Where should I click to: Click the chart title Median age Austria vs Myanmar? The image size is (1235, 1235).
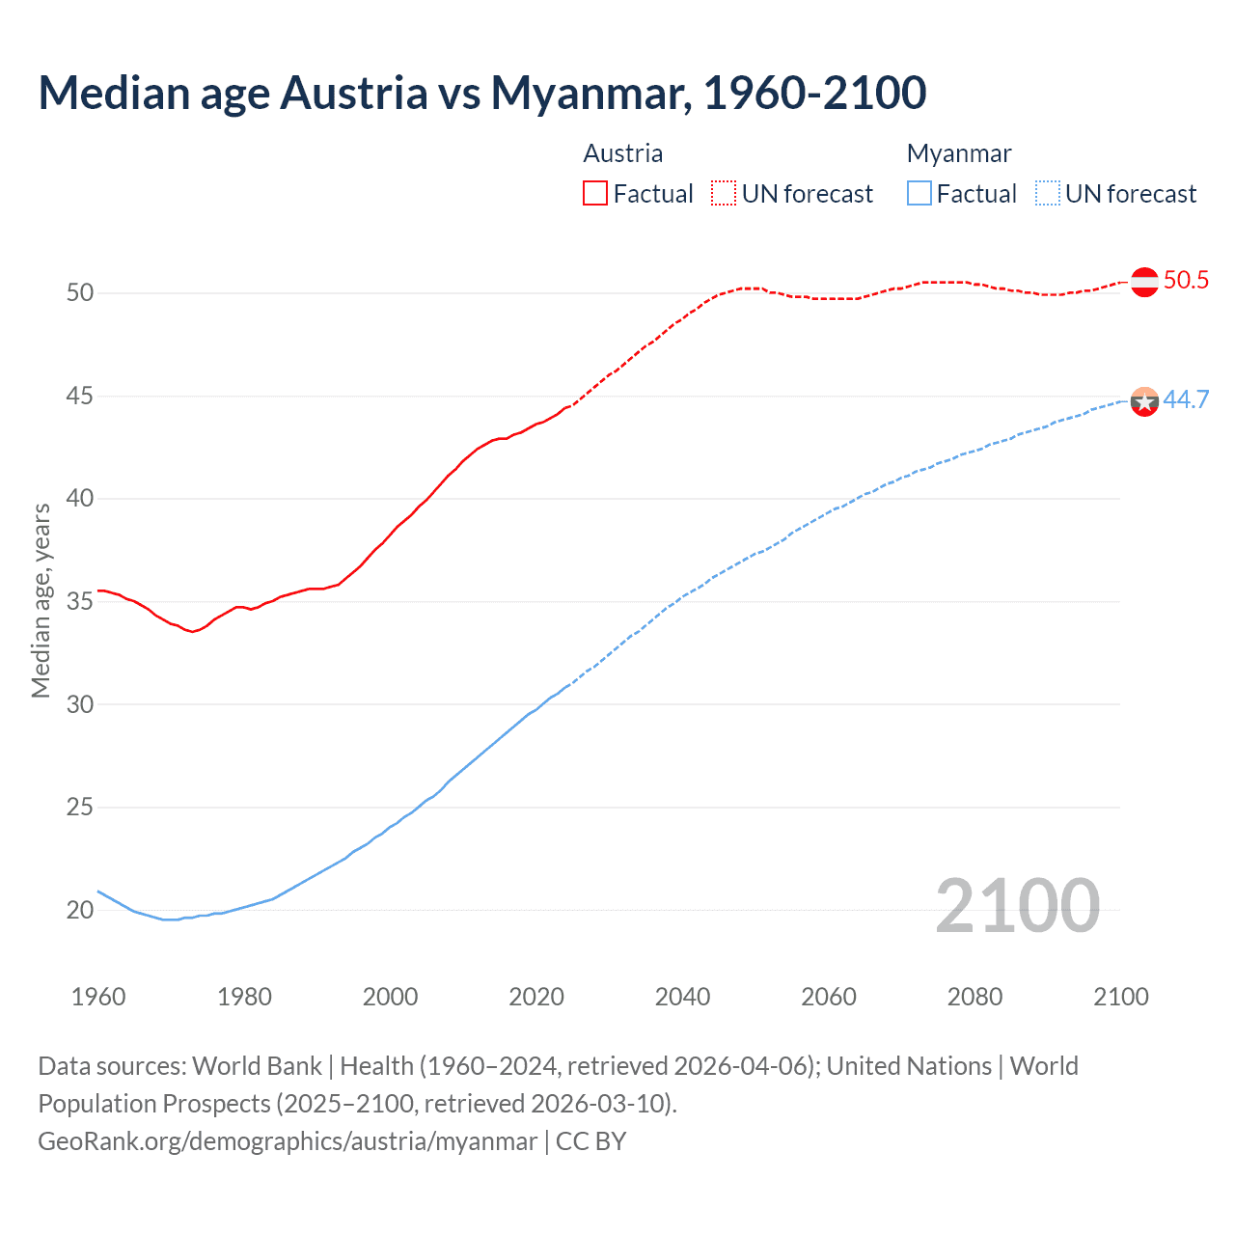pos(481,93)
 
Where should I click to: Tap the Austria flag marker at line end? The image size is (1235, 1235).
pos(1144,282)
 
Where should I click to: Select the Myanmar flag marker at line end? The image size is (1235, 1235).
pos(1144,401)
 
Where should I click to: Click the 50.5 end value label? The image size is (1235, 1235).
pos(1186,281)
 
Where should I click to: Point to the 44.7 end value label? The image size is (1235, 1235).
pos(1186,400)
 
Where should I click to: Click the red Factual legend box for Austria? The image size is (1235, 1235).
pos(595,194)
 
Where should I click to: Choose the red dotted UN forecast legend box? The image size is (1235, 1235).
pos(724,194)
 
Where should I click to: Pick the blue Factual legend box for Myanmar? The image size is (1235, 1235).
pos(919,194)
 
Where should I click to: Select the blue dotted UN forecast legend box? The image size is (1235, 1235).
pos(1048,194)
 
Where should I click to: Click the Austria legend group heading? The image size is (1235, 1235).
pos(622,153)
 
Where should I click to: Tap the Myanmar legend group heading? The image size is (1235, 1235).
pos(958,153)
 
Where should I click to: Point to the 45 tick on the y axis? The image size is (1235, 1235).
pos(80,396)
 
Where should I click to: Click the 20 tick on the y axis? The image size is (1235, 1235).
pos(80,910)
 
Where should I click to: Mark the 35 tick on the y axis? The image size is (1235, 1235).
pos(80,601)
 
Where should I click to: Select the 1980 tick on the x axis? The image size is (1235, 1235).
pos(244,997)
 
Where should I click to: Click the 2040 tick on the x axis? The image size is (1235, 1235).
pos(682,997)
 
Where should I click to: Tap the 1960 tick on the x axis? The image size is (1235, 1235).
pos(98,997)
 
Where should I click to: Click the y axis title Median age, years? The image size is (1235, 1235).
pos(41,600)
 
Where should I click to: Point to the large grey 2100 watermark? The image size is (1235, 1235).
pos(1017,906)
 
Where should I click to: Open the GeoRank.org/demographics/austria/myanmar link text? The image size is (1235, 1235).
pos(288,1141)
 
